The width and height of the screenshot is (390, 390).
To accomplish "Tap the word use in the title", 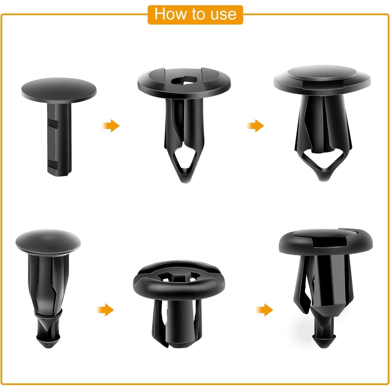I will (224, 14).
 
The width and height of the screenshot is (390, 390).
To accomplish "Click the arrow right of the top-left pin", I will (111, 126).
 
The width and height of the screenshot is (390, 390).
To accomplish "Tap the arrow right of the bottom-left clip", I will (105, 310).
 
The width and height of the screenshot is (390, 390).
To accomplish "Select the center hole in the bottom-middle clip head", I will (179, 276).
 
